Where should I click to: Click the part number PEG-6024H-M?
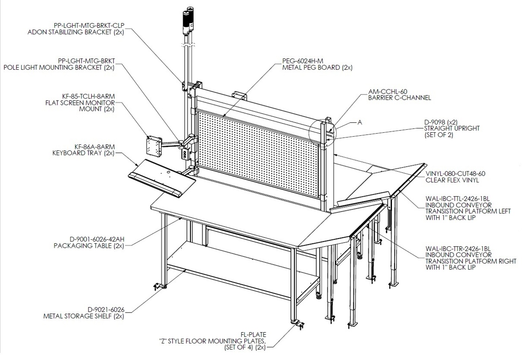point(302,61)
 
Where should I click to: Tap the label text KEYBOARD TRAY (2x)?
point(84,153)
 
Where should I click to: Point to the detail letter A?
point(360,122)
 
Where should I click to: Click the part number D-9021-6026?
point(106,310)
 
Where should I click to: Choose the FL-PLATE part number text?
point(253,335)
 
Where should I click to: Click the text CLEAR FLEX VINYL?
point(452,180)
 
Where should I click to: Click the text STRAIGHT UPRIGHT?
point(452,128)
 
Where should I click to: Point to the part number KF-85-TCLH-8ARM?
point(88,96)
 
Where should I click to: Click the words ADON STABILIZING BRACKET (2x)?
point(76,32)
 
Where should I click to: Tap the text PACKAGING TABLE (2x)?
point(89,246)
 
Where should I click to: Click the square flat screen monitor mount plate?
point(154,146)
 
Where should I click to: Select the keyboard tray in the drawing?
point(162,178)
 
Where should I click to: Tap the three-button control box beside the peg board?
point(185,154)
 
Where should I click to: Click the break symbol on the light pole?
point(187,45)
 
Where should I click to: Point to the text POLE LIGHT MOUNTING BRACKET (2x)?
point(59,67)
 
